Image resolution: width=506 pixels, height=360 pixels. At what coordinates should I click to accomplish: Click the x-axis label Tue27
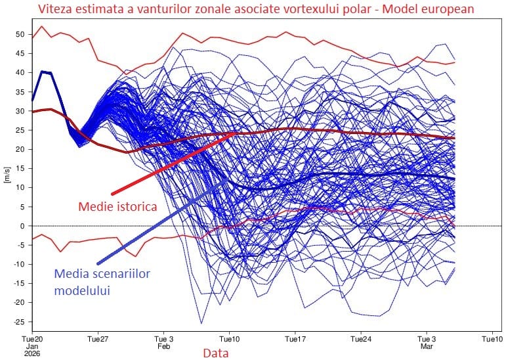coord(98,339)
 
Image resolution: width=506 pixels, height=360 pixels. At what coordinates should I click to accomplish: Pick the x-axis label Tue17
coord(295,339)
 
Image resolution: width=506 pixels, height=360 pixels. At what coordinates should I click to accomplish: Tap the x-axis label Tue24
coord(361,339)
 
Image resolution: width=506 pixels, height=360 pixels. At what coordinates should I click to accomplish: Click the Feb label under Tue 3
coord(164,346)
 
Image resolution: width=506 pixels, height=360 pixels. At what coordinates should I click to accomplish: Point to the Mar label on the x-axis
coord(427,346)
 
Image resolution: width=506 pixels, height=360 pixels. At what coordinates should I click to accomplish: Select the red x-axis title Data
coord(215,353)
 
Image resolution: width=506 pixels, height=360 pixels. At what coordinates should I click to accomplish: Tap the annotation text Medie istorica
coord(117,206)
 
